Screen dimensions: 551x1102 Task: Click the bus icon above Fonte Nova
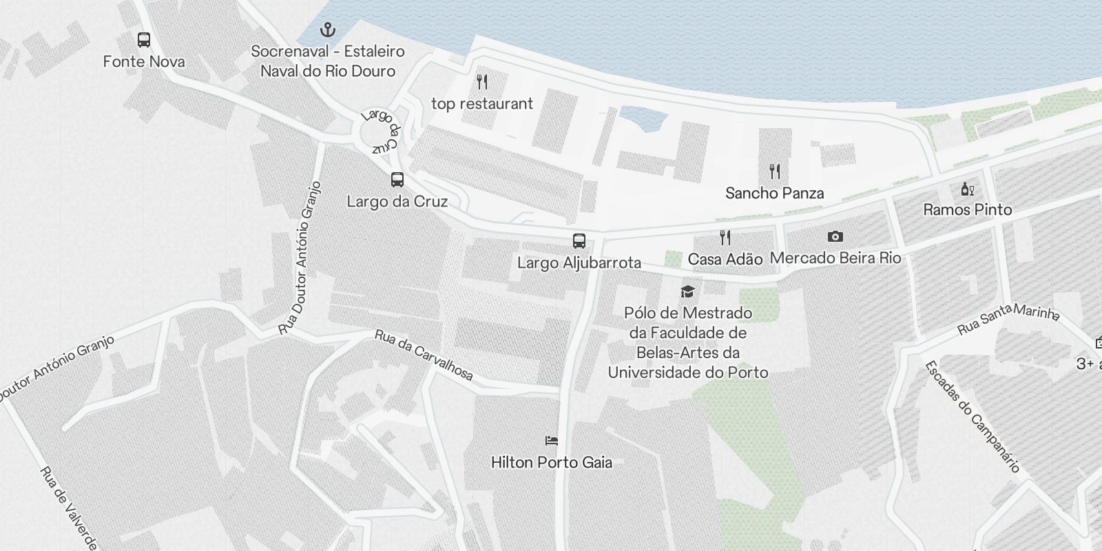(x=143, y=40)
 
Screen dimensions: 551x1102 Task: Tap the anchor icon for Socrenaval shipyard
(x=329, y=30)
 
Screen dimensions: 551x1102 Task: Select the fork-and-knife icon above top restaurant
(x=482, y=82)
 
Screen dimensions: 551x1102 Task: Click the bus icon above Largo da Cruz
(x=397, y=180)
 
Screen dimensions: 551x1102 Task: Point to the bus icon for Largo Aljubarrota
(x=579, y=241)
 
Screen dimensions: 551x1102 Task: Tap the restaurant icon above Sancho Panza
(x=775, y=171)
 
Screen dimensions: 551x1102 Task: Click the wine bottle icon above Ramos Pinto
(x=967, y=189)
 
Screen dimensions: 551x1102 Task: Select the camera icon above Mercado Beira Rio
(x=835, y=237)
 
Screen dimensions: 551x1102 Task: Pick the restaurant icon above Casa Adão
(x=725, y=238)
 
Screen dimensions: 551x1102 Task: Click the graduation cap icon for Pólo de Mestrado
(x=687, y=291)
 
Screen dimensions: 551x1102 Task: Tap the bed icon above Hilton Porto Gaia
(x=551, y=441)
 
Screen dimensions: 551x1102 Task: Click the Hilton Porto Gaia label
(x=551, y=462)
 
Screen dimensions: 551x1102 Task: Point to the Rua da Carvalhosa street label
(x=424, y=355)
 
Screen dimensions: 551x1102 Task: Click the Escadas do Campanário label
(x=972, y=416)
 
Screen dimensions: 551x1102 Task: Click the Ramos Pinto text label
(x=967, y=209)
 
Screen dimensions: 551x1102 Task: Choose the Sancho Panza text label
(x=774, y=193)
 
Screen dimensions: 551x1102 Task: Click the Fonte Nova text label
(x=144, y=61)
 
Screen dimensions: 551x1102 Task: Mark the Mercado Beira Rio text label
(x=835, y=258)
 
